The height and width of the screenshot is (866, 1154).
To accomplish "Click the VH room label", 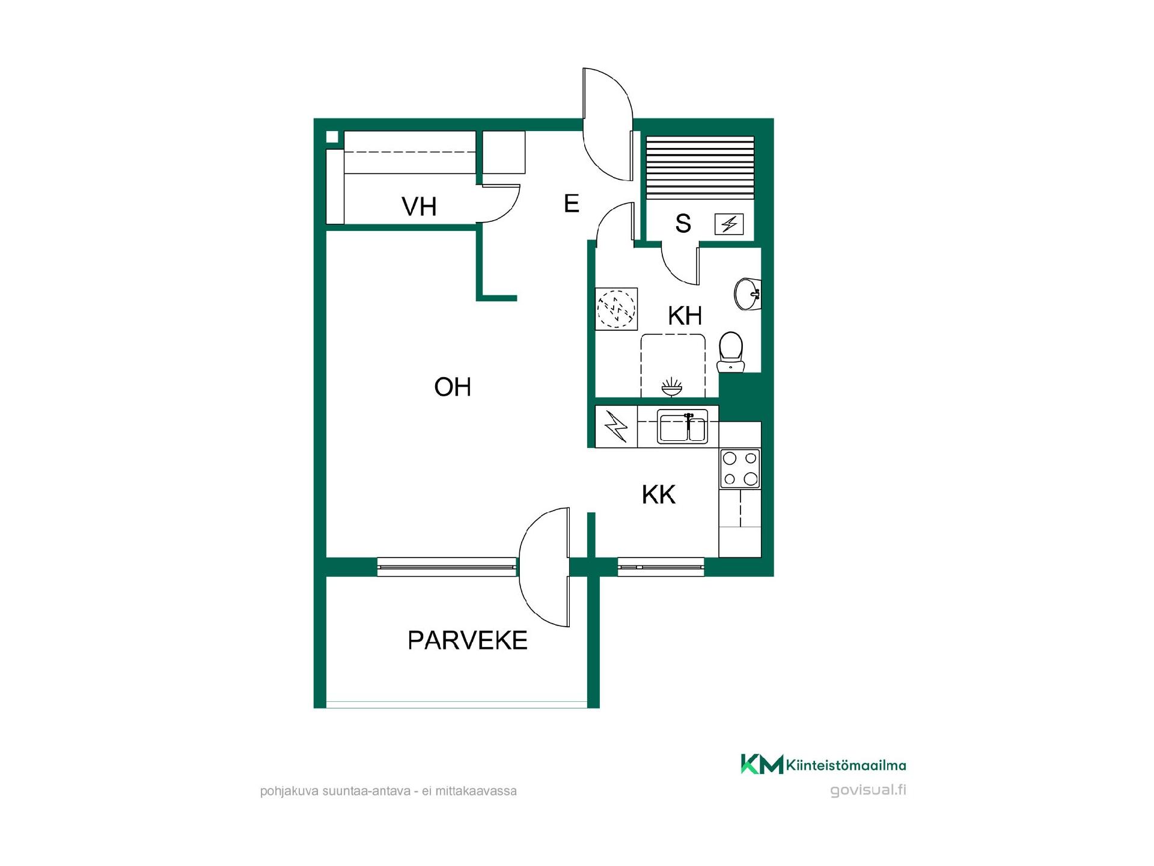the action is [x=419, y=207].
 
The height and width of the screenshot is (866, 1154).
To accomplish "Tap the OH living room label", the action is [x=453, y=387].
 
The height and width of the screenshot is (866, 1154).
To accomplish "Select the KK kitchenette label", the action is [x=659, y=494].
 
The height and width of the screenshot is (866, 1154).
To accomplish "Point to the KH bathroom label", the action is [x=685, y=315].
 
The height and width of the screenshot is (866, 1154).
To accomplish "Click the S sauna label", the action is [x=683, y=223].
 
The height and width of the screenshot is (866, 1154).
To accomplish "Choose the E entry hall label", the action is [x=572, y=204].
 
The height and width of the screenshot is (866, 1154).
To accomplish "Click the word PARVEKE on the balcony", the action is [x=468, y=640].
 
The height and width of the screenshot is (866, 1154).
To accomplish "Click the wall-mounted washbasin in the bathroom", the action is [x=748, y=294].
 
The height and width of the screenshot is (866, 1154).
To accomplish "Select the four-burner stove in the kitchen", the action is [x=740, y=468].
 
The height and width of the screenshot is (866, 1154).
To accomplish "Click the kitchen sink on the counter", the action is [x=682, y=426].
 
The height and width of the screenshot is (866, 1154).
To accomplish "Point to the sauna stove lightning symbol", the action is [x=729, y=224].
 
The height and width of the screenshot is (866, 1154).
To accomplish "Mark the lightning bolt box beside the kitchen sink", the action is [x=616, y=427].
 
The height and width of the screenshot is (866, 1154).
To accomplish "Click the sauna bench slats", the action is [x=700, y=168].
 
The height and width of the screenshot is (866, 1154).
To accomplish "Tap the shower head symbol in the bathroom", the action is [x=672, y=387].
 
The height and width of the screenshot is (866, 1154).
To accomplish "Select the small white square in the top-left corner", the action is [x=332, y=137].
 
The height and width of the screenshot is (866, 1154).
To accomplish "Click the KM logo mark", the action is [x=762, y=764].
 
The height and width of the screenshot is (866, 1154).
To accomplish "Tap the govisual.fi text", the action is [x=868, y=790].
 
